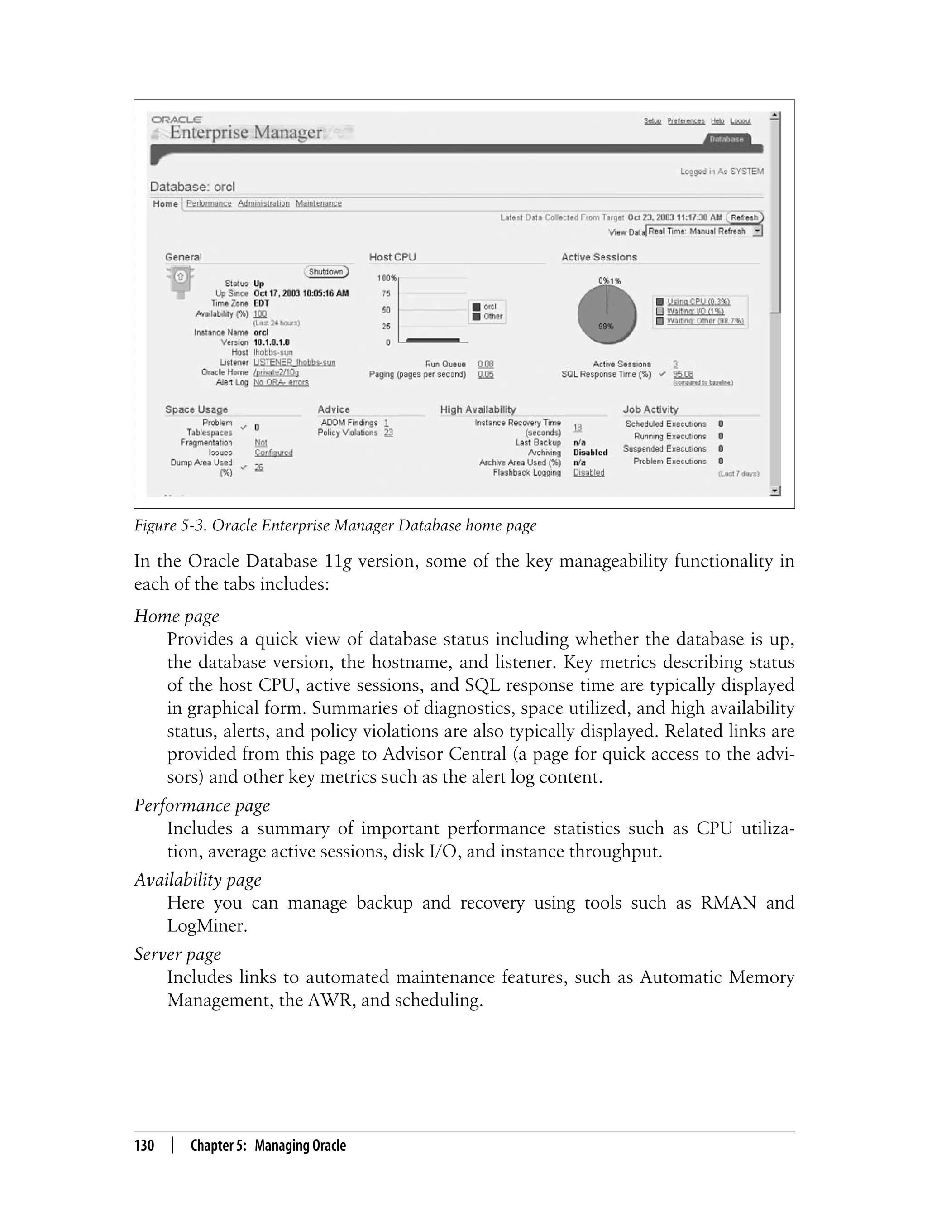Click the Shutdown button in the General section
326,272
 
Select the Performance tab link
209,203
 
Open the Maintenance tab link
318,203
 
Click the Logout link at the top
740,121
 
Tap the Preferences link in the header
685,121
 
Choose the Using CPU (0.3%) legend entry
698,302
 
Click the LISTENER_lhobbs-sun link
294,362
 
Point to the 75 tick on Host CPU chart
386,294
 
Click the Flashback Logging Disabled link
588,472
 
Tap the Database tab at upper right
726,139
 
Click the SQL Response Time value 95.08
683,374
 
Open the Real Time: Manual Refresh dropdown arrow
757,231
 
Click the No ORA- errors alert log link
281,382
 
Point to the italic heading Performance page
202,805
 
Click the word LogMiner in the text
207,926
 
